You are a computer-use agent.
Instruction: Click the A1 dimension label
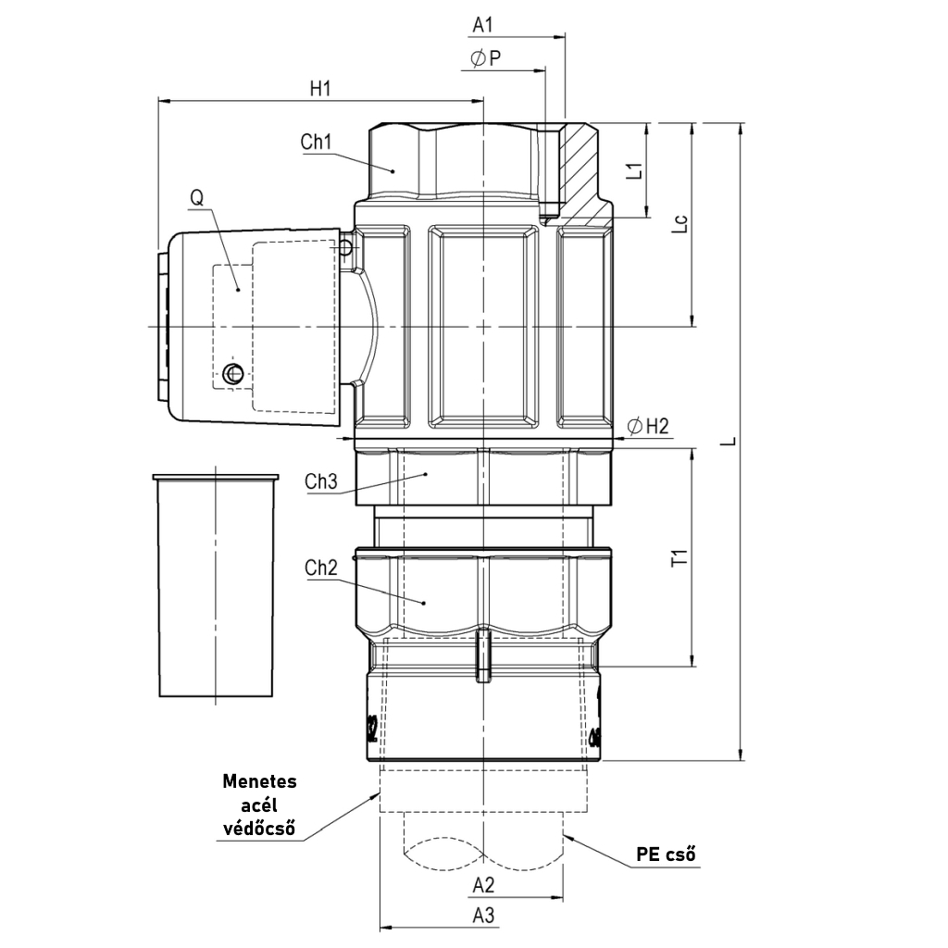(482, 25)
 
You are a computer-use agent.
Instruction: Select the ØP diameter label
(485, 58)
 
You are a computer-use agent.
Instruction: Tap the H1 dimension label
(320, 89)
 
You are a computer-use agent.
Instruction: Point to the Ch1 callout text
(317, 142)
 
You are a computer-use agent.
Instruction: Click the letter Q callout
(197, 198)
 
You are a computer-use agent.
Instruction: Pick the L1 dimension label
(633, 170)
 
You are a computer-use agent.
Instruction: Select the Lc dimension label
(680, 224)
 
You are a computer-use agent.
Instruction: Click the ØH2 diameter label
(648, 426)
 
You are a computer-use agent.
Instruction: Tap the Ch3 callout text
(321, 481)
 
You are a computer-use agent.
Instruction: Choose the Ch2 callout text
(321, 568)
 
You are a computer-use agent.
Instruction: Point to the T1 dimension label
(680, 556)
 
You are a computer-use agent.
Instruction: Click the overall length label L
(731, 441)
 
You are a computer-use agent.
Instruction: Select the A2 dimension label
(483, 885)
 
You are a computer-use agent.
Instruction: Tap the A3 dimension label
(483, 916)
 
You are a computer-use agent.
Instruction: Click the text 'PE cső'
(666, 854)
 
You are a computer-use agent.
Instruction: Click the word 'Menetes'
(260, 781)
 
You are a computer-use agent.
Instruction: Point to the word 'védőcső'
(260, 828)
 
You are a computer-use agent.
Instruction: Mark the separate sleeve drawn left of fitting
(216, 585)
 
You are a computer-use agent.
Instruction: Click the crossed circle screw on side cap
(232, 374)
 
